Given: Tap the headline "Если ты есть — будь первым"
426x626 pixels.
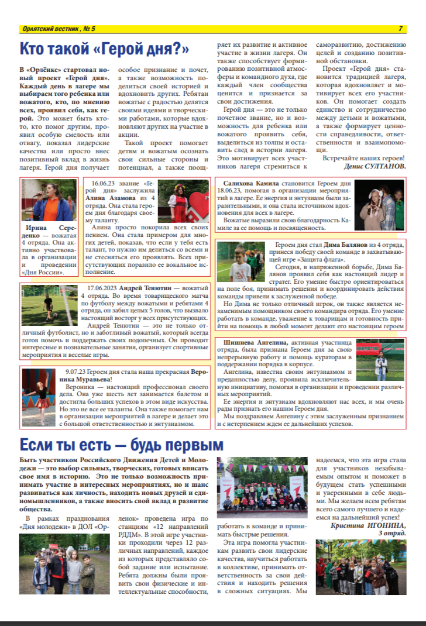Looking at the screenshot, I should pos(122,443).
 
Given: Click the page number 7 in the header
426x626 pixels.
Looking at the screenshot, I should pos(401,29).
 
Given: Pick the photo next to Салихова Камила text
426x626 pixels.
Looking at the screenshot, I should pos(379,204).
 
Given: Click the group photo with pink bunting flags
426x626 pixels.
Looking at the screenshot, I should pos(263,484).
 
